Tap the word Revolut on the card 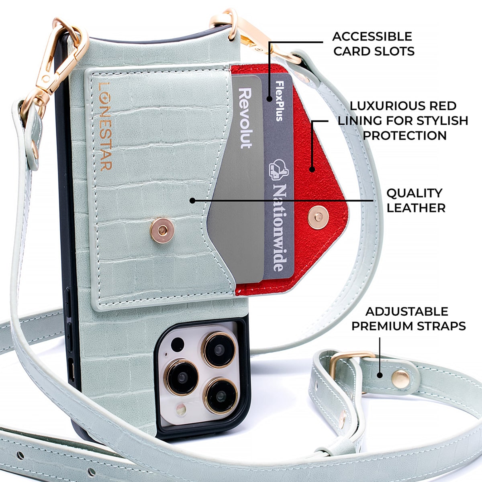245,118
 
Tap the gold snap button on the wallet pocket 162,230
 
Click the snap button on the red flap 318,217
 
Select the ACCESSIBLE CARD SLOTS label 373,44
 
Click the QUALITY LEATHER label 415,200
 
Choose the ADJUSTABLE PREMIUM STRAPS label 408,319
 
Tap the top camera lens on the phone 219,349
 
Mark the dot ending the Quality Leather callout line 192,200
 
